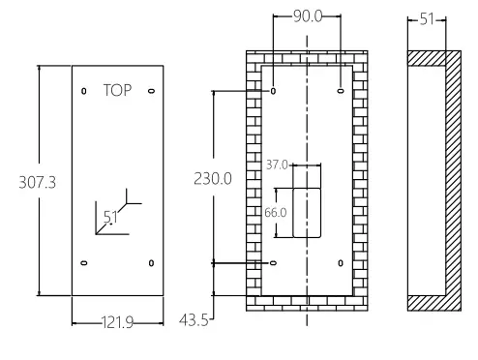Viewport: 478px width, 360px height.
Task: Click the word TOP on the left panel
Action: click(x=117, y=90)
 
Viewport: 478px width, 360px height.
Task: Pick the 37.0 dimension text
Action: click(x=276, y=165)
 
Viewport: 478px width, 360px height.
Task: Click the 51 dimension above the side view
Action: click(x=428, y=17)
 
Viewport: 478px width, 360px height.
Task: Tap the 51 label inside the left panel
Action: click(x=110, y=217)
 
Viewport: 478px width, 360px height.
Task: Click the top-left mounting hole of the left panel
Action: click(x=83, y=92)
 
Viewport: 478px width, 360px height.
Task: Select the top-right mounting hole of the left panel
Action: click(x=151, y=92)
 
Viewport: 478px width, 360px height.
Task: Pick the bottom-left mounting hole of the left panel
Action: click(x=83, y=263)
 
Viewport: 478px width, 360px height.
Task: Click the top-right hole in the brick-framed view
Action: click(x=341, y=92)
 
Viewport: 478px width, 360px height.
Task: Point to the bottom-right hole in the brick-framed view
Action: click(x=341, y=263)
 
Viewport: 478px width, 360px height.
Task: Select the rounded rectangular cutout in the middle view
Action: click(x=307, y=213)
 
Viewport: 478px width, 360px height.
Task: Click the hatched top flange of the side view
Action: click(x=428, y=57)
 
